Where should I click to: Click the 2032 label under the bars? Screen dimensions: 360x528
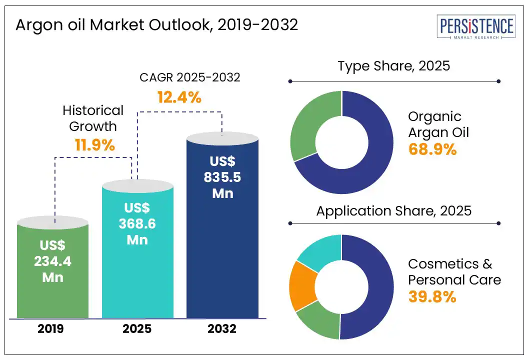pos(222,329)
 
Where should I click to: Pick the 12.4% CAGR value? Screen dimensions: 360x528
pos(179,97)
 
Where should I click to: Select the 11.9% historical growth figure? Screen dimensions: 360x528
pos(95,145)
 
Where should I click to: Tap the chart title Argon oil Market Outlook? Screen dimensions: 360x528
pos(156,25)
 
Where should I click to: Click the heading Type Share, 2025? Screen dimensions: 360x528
pos(394,66)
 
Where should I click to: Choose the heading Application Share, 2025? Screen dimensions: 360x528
pos(394,211)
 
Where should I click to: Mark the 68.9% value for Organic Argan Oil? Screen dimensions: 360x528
pos(432,149)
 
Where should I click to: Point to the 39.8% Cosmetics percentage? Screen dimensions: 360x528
pos(432,296)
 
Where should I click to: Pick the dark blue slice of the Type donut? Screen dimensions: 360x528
pos(370,150)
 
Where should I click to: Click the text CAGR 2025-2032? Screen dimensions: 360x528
pos(189,77)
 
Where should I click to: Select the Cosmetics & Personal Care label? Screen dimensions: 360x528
pos(454,271)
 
